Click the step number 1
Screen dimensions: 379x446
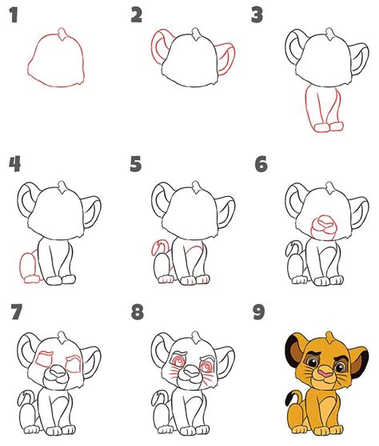coord(14,15)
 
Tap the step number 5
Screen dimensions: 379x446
coord(135,163)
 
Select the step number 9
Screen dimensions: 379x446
coord(258,311)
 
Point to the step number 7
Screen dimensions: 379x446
coord(17,311)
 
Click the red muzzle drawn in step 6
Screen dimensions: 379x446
coord(324,227)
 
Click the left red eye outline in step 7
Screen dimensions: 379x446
coord(45,360)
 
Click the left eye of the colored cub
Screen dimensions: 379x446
coord(312,362)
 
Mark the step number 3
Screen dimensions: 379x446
coord(257,15)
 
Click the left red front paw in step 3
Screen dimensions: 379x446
coord(322,127)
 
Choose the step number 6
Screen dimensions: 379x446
coord(261,164)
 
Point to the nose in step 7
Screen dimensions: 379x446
coord(57,372)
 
